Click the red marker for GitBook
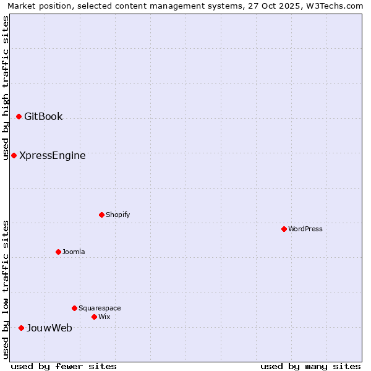pyautogui.click(x=19, y=116)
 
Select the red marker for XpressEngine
pyautogui.click(x=14, y=155)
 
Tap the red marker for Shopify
pyautogui.click(x=101, y=215)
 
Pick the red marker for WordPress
pyautogui.click(x=284, y=229)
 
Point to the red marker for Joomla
pyautogui.click(x=58, y=252)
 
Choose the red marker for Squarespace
pyautogui.click(x=74, y=308)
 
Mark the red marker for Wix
pyautogui.click(x=94, y=317)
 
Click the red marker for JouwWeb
pyautogui.click(x=21, y=328)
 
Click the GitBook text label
pyautogui.click(x=43, y=117)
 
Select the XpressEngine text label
pyautogui.click(x=53, y=156)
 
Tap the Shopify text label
pyautogui.click(x=117, y=215)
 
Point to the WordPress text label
pyautogui.click(x=305, y=229)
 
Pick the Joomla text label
pyautogui.click(x=74, y=252)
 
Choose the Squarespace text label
pyautogui.click(x=100, y=309)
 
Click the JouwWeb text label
pyautogui.click(x=49, y=328)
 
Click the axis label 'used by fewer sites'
pyautogui.click(x=64, y=367)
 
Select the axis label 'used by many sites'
pyautogui.click(x=310, y=367)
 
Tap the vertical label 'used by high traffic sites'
pyautogui.click(x=6, y=88)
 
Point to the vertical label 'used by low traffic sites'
pyautogui.click(x=6, y=289)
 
